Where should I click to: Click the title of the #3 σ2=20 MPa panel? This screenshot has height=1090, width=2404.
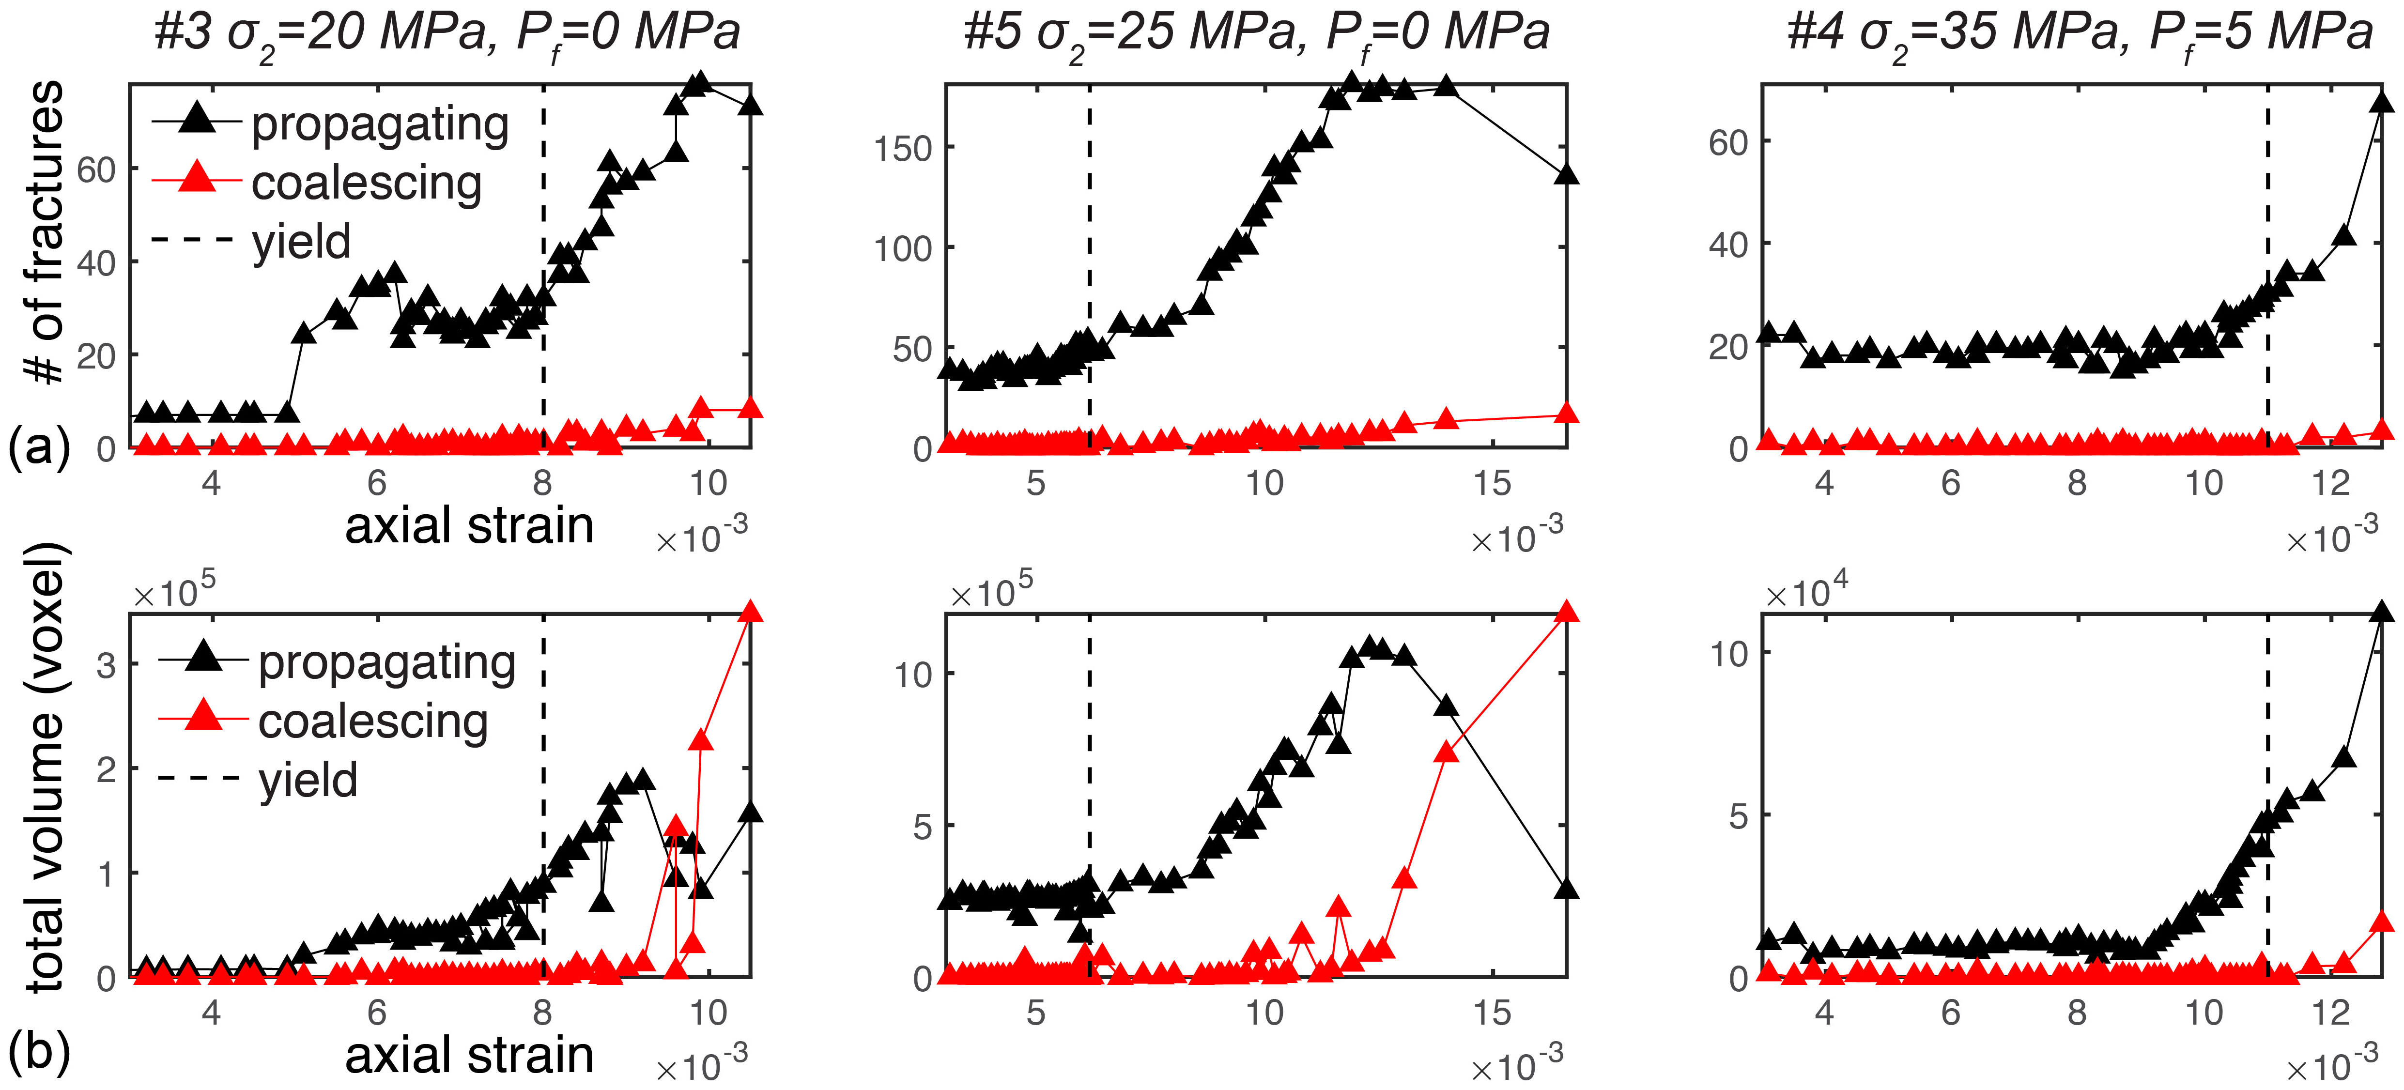[x=446, y=33]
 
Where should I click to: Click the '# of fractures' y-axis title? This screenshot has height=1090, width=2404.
[x=45, y=233]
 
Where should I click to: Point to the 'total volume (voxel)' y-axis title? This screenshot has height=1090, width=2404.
[x=45, y=765]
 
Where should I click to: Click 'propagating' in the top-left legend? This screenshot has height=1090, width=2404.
[x=380, y=124]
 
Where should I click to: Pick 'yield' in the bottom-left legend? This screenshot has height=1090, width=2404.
[x=308, y=780]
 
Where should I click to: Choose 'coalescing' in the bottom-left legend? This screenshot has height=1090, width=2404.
[x=373, y=722]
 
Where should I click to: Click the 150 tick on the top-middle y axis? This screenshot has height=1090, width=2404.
[x=902, y=148]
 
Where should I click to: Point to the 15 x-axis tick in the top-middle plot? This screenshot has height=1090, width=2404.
[x=1491, y=483]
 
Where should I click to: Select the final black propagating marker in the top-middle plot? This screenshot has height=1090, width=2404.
[x=1567, y=174]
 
